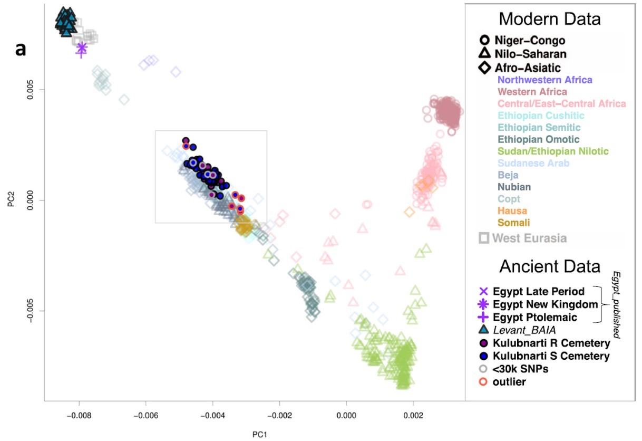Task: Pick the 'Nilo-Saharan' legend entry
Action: tap(532, 54)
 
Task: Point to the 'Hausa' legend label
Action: tap(510, 211)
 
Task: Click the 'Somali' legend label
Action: tap(512, 223)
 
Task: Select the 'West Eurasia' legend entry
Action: tap(529, 238)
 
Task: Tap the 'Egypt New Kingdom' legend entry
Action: tap(545, 304)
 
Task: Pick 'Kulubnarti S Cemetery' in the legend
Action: tap(550, 356)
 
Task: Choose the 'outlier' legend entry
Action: tap(509, 381)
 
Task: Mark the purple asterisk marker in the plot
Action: tap(82, 47)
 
